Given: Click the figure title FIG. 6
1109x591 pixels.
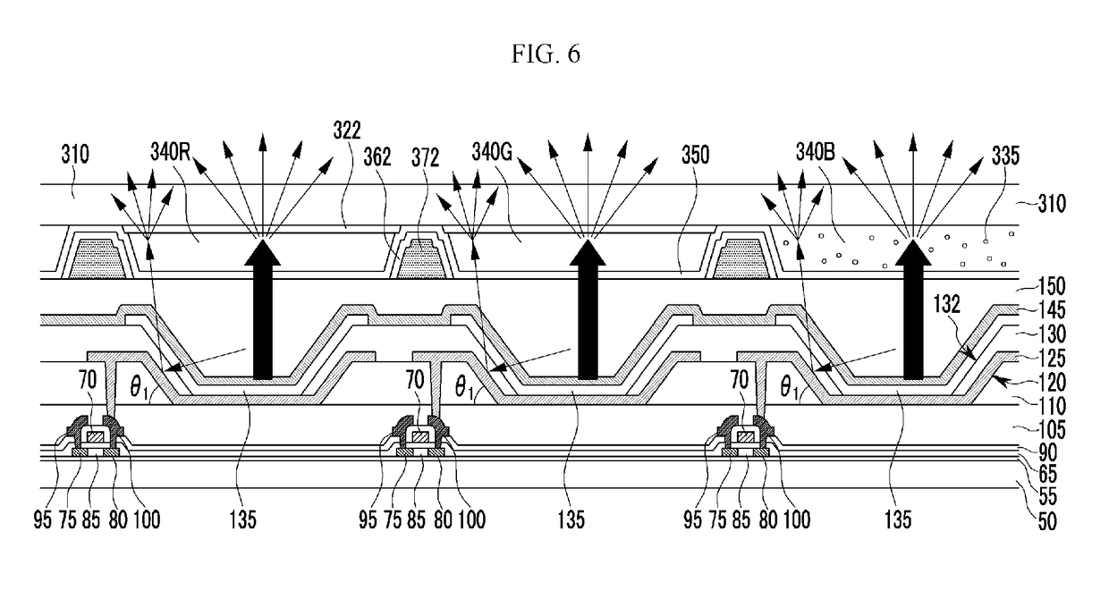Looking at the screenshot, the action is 546,54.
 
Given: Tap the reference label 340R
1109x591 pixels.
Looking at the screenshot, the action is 170,153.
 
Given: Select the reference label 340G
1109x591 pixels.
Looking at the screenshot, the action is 492,152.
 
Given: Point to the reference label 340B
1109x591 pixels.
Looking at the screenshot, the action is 816,152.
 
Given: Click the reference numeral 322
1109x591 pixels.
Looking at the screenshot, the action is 347,131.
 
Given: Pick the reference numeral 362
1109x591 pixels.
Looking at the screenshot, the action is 377,156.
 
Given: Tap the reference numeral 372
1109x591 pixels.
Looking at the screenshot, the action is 426,158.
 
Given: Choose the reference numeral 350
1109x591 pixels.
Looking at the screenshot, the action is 696,155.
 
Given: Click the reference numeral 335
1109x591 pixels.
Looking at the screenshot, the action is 1005,156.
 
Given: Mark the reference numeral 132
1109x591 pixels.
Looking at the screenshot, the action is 946,304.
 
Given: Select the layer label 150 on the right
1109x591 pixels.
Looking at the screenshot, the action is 1052,286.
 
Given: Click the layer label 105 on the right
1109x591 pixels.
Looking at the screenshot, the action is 1052,430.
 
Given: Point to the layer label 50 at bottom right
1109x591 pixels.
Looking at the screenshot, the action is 1047,521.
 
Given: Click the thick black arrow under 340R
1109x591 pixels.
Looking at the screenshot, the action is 262,309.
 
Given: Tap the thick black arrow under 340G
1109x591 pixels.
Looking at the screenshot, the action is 588,309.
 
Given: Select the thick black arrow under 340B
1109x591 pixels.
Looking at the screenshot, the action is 913,309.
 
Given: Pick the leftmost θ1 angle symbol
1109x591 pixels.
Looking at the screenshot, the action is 140,387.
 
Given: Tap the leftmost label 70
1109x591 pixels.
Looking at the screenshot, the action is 88,381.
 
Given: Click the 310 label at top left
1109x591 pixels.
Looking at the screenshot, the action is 75,155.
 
